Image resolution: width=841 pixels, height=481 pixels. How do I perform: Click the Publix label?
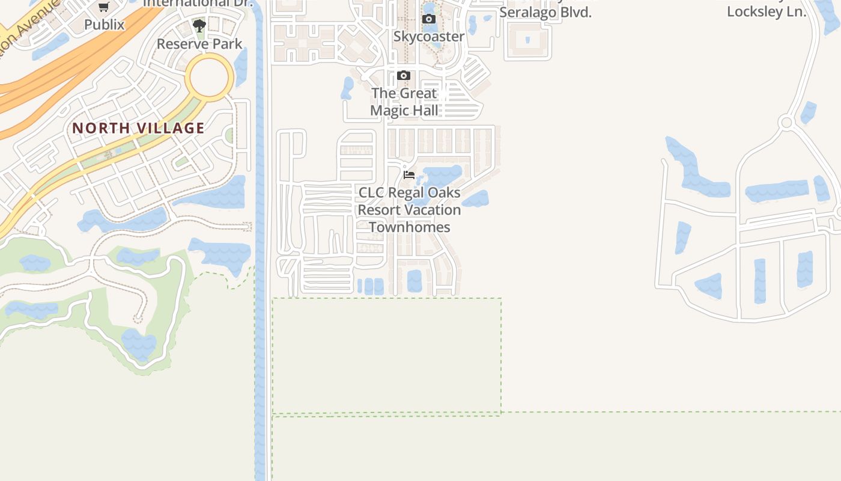(104, 25)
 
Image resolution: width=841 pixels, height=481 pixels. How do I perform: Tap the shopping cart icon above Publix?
(104, 7)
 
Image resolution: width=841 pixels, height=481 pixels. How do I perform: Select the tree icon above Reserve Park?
(199, 26)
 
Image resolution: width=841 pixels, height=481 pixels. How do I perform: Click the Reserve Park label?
(199, 44)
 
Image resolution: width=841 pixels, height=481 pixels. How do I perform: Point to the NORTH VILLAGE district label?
(139, 128)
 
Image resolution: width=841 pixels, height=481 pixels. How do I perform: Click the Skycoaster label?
(429, 37)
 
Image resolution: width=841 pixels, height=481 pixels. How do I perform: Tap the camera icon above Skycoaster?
(429, 19)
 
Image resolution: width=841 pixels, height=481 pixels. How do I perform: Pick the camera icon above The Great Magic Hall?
(404, 76)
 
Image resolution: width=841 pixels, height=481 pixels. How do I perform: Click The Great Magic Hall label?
(404, 102)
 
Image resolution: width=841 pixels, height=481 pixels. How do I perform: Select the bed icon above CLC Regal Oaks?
(409, 175)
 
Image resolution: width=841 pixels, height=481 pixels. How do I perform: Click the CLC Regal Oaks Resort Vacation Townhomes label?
(409, 210)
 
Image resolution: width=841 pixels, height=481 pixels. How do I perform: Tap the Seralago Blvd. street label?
(545, 12)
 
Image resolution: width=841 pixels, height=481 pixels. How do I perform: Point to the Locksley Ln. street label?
(767, 11)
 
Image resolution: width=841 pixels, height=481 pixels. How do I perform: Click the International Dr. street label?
(198, 3)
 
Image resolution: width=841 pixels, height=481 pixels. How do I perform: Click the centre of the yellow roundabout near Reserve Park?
(209, 77)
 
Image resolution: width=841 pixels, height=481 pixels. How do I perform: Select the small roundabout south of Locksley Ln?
(786, 123)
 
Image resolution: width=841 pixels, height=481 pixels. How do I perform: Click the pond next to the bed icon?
(443, 176)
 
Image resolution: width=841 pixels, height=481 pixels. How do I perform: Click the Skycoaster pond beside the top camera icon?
(430, 8)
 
